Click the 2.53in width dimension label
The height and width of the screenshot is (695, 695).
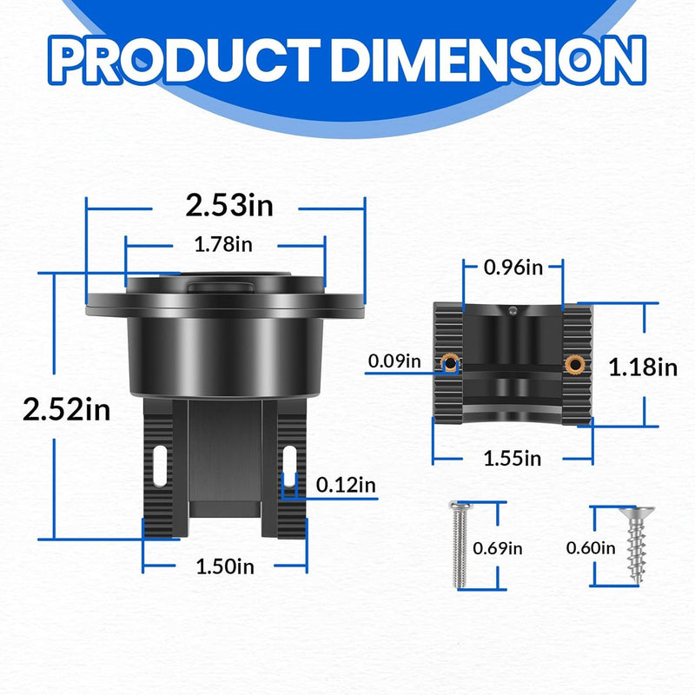229,206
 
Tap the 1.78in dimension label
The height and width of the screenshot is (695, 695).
223,245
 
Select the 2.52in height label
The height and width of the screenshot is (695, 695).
67,410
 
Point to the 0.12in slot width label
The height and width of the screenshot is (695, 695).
346,486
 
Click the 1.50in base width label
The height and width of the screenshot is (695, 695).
225,567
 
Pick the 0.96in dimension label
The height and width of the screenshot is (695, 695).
513,268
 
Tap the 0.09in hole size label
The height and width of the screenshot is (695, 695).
394,361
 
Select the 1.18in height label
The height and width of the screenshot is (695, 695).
643,367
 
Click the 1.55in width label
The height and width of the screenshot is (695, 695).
513,459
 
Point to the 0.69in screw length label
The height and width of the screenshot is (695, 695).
497,549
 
